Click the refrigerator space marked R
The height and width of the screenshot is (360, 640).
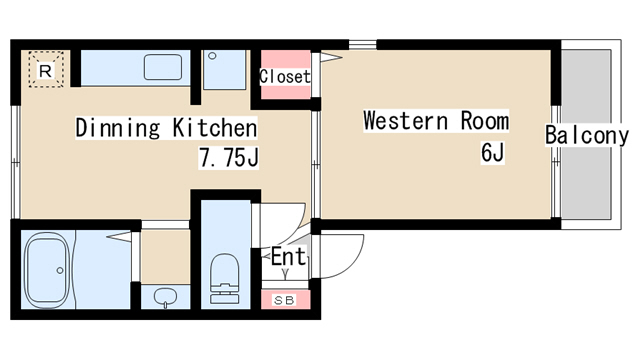pyautogui.click(x=46, y=69)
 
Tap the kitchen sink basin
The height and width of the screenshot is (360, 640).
pyautogui.click(x=163, y=67)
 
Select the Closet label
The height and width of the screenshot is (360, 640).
pyautogui.click(x=285, y=76)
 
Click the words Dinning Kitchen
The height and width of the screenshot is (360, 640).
pyautogui.click(x=166, y=128)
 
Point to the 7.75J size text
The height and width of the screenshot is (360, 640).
pyautogui.click(x=229, y=158)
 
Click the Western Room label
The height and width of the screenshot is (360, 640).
pyautogui.click(x=436, y=121)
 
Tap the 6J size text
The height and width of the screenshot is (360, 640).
pyautogui.click(x=493, y=153)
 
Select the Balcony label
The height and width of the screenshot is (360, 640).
pyautogui.click(x=587, y=136)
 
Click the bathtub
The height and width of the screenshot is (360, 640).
pyautogui.click(x=47, y=270)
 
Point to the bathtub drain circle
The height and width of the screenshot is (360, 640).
pyautogui.click(x=60, y=270)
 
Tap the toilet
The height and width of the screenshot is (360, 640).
pyautogui.click(x=224, y=279)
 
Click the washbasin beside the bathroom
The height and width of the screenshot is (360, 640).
pyautogui.click(x=166, y=298)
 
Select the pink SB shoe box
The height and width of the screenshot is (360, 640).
pyautogui.click(x=285, y=300)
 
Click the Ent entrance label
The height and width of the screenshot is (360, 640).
pyautogui.click(x=288, y=256)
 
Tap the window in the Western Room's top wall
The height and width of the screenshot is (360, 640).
pyautogui.click(x=362, y=44)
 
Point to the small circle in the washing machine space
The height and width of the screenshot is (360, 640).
pyautogui.click(x=212, y=56)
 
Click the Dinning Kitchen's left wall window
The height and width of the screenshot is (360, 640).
pyautogui.click(x=16, y=162)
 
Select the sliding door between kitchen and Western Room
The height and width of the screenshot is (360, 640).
pyautogui.click(x=316, y=164)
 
